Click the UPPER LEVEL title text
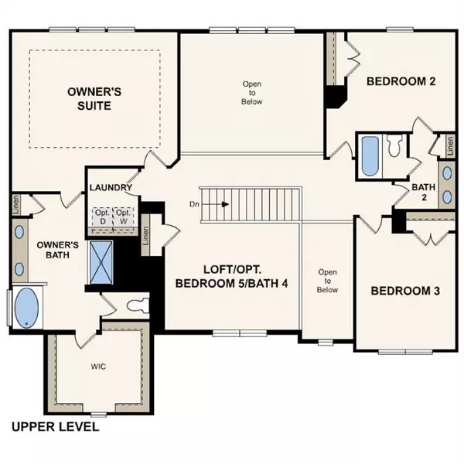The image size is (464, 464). point(54,427)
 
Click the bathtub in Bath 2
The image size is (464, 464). point(368,155)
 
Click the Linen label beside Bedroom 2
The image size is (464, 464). point(445,145)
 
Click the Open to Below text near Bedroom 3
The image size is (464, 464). point(327,281)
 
